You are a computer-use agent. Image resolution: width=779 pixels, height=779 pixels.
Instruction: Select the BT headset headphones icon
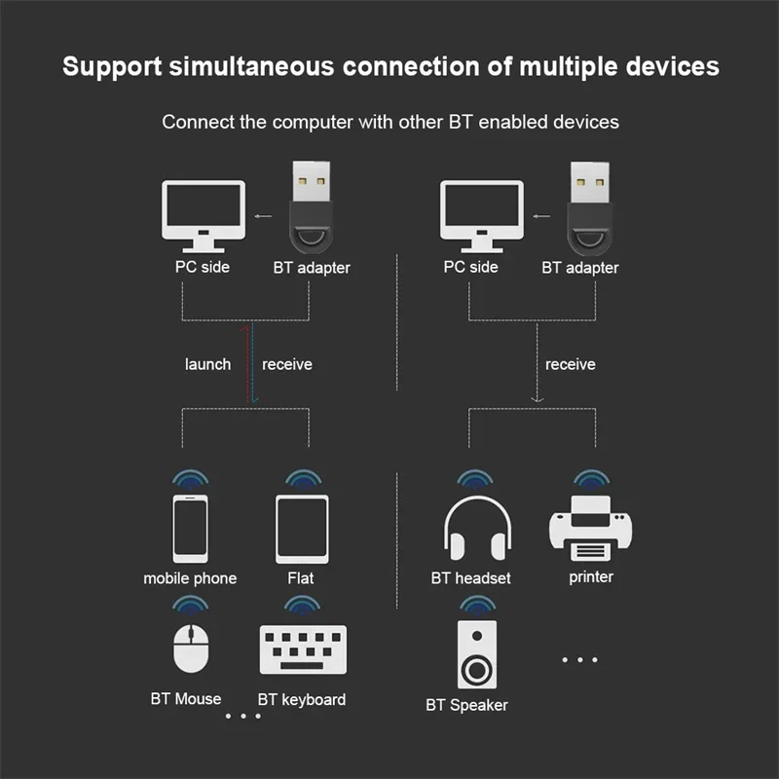471,531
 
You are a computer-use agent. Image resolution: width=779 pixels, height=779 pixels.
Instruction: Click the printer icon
590,529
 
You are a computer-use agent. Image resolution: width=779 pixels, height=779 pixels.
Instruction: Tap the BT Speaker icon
476,654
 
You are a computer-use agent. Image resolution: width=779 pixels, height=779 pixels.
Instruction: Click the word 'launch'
207,364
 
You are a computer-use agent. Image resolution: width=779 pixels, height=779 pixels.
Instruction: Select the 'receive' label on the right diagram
570,364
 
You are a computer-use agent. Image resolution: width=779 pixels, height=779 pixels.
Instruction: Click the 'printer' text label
591,577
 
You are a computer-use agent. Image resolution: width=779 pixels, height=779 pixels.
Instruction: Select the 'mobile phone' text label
190,578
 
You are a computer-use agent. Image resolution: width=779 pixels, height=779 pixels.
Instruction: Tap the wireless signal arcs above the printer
590,478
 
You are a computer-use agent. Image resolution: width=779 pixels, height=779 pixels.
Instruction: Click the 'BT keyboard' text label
301,699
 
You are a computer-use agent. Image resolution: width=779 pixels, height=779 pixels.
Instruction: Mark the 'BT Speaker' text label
466,705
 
